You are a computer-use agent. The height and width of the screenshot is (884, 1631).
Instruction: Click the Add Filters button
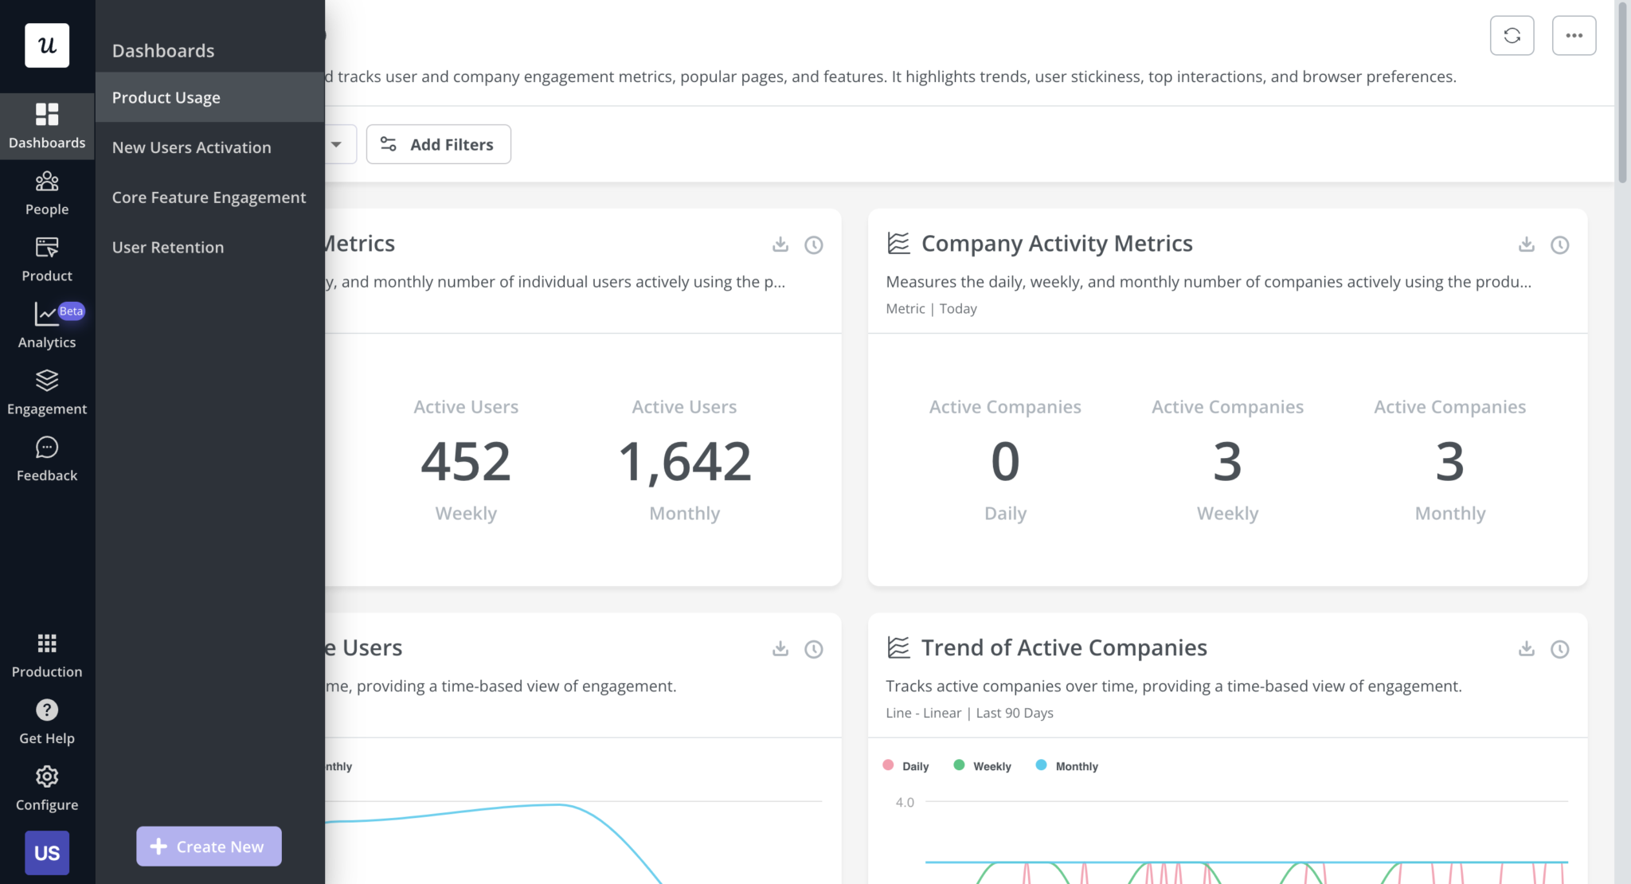point(438,144)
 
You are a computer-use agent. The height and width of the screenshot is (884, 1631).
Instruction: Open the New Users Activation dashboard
point(191,147)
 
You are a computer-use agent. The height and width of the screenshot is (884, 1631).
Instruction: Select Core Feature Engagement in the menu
point(209,198)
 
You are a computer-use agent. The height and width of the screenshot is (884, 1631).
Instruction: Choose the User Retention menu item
point(168,247)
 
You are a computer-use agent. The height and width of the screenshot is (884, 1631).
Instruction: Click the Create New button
point(209,846)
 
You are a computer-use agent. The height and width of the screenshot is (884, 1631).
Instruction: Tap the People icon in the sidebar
point(47,182)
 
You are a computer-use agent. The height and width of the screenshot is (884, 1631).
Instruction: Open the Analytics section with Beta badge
point(47,325)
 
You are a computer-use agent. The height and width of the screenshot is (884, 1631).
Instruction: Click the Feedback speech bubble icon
point(47,448)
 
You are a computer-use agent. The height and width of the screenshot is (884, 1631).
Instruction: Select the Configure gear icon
point(47,776)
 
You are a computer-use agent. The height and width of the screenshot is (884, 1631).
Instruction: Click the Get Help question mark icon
point(47,710)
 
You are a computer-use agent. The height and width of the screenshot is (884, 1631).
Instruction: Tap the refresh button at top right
point(1512,36)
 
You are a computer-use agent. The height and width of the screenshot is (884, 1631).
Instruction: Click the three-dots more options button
point(1574,36)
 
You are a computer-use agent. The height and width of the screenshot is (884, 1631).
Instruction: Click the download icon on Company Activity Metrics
point(1526,244)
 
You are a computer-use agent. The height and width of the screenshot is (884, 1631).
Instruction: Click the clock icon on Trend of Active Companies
point(1559,649)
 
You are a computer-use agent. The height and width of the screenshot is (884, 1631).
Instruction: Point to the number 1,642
point(684,461)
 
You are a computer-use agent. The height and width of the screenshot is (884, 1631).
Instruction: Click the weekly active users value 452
point(466,461)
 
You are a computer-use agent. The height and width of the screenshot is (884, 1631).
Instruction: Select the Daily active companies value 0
point(1005,461)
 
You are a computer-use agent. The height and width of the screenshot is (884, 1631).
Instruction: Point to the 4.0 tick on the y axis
point(905,802)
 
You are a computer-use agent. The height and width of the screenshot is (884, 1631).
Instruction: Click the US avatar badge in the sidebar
point(47,853)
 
